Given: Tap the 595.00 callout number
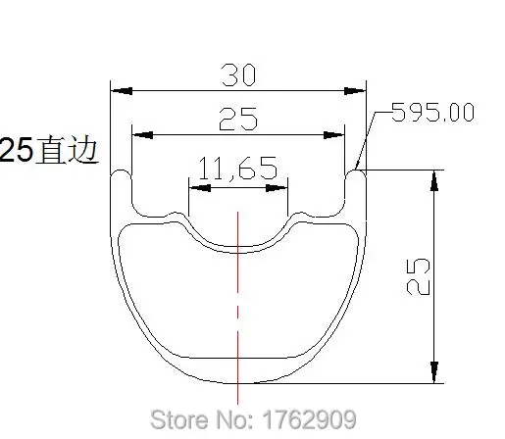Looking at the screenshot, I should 432,112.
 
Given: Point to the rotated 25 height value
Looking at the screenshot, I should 415,277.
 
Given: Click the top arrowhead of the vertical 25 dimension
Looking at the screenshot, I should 431,176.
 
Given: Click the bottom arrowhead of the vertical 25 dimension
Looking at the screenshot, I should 431,377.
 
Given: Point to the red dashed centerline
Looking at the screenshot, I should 236,294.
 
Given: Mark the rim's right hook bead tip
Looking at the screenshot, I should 355,173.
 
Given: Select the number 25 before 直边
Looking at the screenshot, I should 17,152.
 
